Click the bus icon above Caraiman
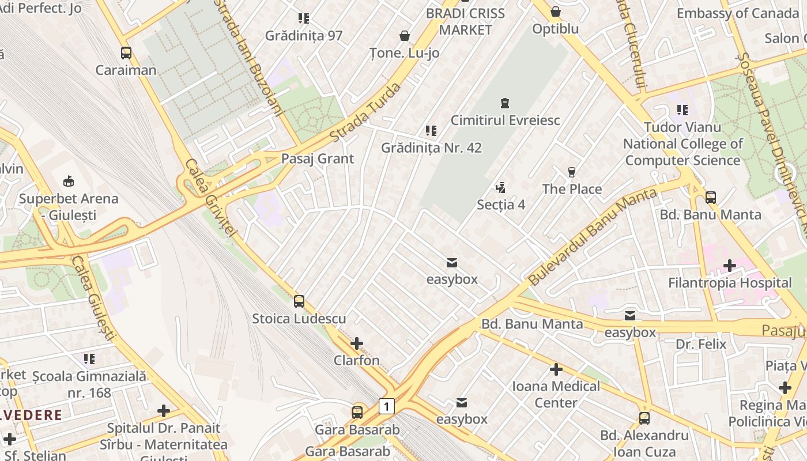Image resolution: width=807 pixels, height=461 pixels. coord(126,53)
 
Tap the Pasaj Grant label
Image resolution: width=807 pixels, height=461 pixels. coord(317,158)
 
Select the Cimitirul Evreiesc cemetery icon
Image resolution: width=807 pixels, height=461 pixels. coord(505,103)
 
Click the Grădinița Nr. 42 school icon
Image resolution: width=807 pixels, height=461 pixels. coord(431,131)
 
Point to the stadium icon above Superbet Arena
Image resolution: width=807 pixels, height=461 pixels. coord(69,182)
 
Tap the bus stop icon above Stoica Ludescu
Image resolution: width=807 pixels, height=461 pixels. coord(299,301)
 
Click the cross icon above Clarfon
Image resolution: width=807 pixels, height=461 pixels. coord(357,343)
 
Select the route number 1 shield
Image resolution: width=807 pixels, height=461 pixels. coord(386,406)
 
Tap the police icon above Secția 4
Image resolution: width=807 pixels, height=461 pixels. coord(500,187)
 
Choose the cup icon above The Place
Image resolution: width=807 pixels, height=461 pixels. coord(571,172)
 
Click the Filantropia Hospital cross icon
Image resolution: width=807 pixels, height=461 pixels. coord(730,266)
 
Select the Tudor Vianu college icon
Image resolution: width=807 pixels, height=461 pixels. coord(682,109)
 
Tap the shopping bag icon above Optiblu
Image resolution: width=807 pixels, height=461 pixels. coord(555,12)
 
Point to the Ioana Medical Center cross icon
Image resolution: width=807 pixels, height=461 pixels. coord(556,369)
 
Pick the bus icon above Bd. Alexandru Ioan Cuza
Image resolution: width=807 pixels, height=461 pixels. coord(644,418)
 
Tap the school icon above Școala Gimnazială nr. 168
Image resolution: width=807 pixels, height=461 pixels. coord(89,359)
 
